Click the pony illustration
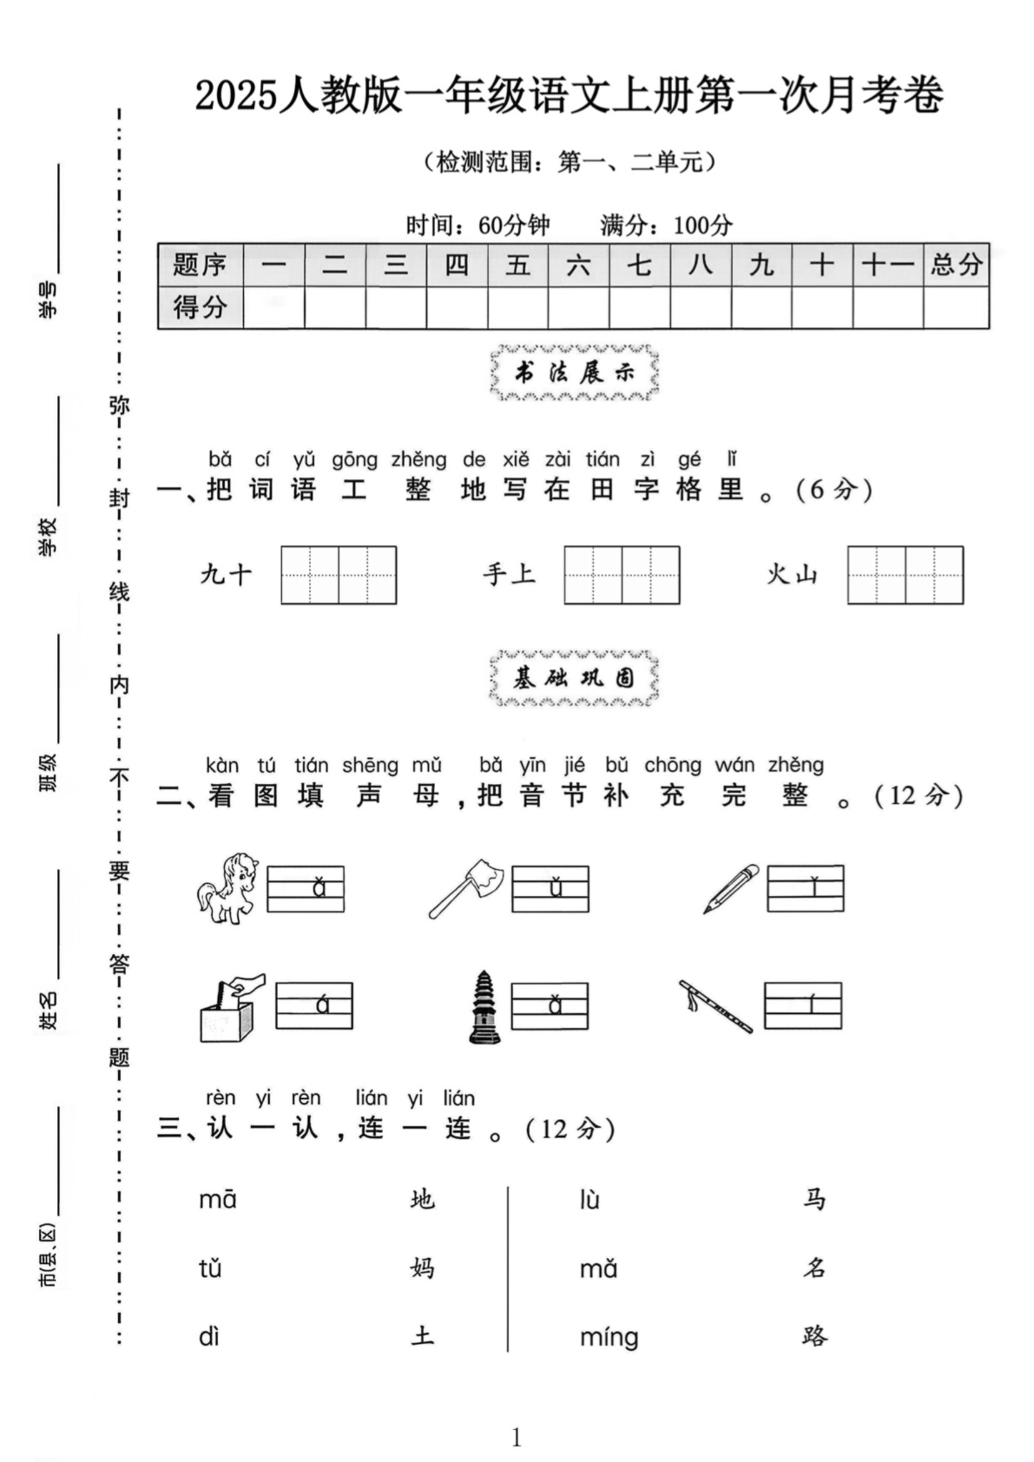(x=227, y=888)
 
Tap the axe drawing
(x=468, y=887)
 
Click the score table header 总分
(x=956, y=264)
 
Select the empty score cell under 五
(x=518, y=308)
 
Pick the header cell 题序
(x=200, y=264)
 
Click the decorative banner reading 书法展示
(x=575, y=373)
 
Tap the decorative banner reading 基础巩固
(x=575, y=679)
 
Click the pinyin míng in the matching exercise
(x=609, y=1338)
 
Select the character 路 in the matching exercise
(x=815, y=1336)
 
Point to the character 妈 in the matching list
(x=423, y=1268)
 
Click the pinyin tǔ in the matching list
(x=210, y=1268)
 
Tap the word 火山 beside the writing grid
(x=791, y=575)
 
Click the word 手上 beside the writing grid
(x=509, y=575)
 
